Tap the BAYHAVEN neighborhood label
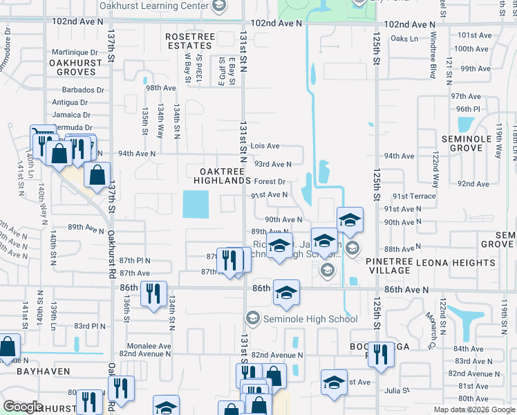tap(45, 371)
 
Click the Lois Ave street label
tap(265, 146)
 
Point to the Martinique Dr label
tap(78, 52)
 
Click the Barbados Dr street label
tap(82, 90)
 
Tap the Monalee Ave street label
tap(149, 346)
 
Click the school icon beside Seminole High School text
tap(252, 318)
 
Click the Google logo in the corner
tap(22, 407)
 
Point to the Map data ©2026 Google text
tap(474, 409)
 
